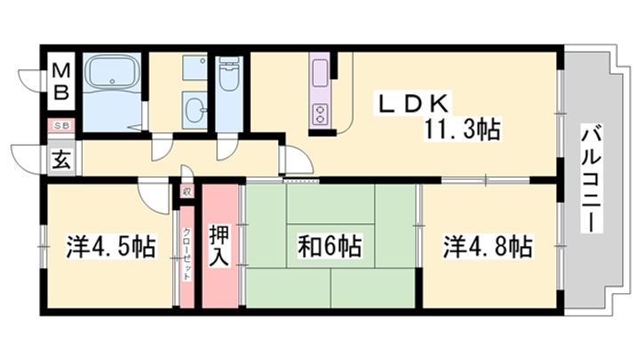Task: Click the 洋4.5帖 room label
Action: pyautogui.click(x=110, y=246)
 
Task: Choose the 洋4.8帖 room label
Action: pyautogui.click(x=488, y=246)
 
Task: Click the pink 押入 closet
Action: pyautogui.click(x=220, y=246)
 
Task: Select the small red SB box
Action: pyautogui.click(x=62, y=126)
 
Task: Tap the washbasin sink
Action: pyautogui.click(x=194, y=110)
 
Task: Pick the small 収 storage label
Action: pyautogui.click(x=187, y=191)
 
